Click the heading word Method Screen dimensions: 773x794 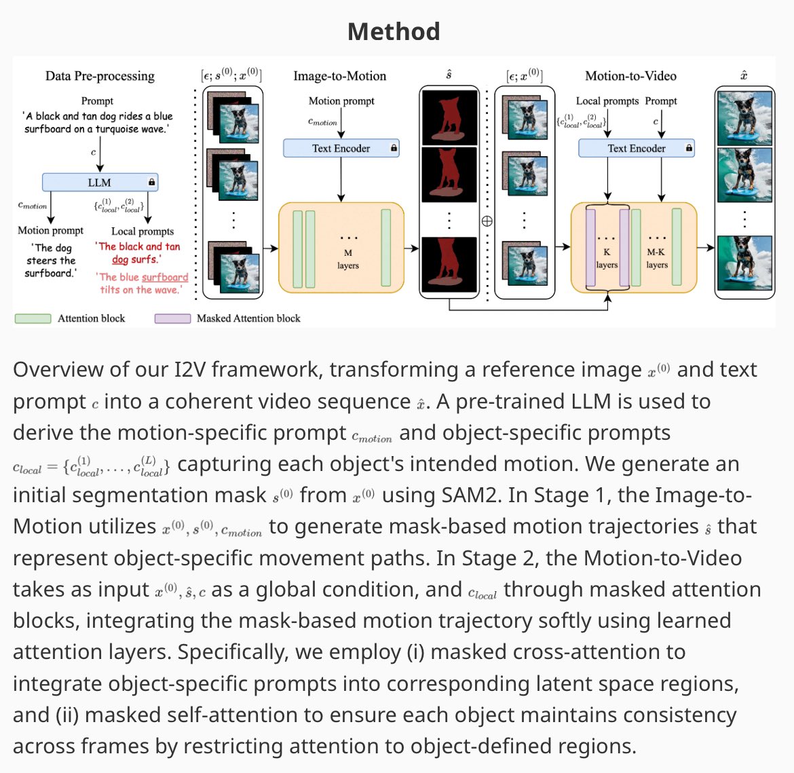tap(394, 32)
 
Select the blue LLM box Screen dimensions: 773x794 tap(100, 183)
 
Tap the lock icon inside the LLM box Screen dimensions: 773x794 tap(151, 182)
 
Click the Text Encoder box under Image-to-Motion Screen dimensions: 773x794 tap(341, 148)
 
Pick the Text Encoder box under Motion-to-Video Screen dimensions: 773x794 tap(636, 148)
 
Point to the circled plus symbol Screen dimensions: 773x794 tap(487, 221)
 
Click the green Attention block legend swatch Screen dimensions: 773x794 tap(33, 318)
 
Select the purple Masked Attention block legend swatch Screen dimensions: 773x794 tap(172, 318)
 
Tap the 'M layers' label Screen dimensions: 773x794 tap(347, 259)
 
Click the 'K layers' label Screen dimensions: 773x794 tap(607, 259)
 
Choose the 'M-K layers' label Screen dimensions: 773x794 tap(656, 259)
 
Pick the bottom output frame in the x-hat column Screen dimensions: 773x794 tap(744, 263)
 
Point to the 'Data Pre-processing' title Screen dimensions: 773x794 tap(100, 76)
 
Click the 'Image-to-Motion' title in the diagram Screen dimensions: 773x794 tap(339, 76)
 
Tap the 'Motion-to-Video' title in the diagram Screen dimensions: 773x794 tap(630, 76)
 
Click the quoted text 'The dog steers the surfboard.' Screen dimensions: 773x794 tap(51, 261)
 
